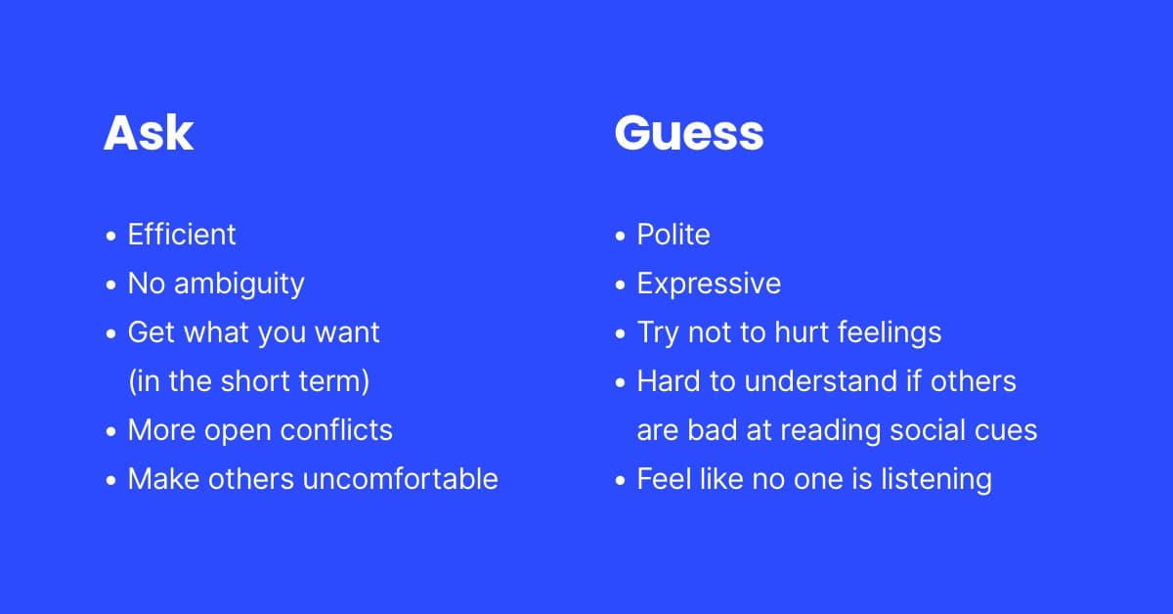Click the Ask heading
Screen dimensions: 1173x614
click(x=149, y=133)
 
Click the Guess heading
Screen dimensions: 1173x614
click(x=689, y=133)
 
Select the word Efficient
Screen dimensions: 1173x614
click(x=182, y=235)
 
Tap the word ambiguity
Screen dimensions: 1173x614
click(x=239, y=285)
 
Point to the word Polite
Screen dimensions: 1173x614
click(x=673, y=235)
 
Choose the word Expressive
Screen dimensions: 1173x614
click(x=709, y=285)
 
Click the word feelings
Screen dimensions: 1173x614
click(x=890, y=333)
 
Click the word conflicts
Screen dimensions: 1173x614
click(x=336, y=430)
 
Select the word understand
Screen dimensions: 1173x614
click(x=821, y=381)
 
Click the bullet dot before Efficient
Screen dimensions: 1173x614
click(x=110, y=236)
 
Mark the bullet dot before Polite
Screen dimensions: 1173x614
click(x=620, y=236)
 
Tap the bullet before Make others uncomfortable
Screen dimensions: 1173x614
click(x=110, y=480)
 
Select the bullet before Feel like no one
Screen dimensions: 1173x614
click(x=620, y=480)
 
